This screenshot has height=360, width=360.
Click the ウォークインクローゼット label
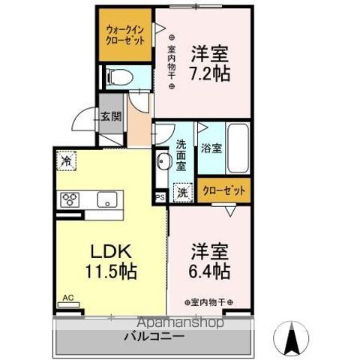coord(124,34)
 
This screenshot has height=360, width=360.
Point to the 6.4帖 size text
coord(210,270)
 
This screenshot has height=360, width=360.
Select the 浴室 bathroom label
coord(211,148)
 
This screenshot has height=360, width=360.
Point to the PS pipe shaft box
coord(159,197)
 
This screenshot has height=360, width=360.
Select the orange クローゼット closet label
coord(223,190)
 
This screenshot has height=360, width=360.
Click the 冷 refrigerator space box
coord(66,160)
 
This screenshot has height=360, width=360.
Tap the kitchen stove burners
coord(70,199)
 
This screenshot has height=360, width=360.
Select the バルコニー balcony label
coord(154,337)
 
